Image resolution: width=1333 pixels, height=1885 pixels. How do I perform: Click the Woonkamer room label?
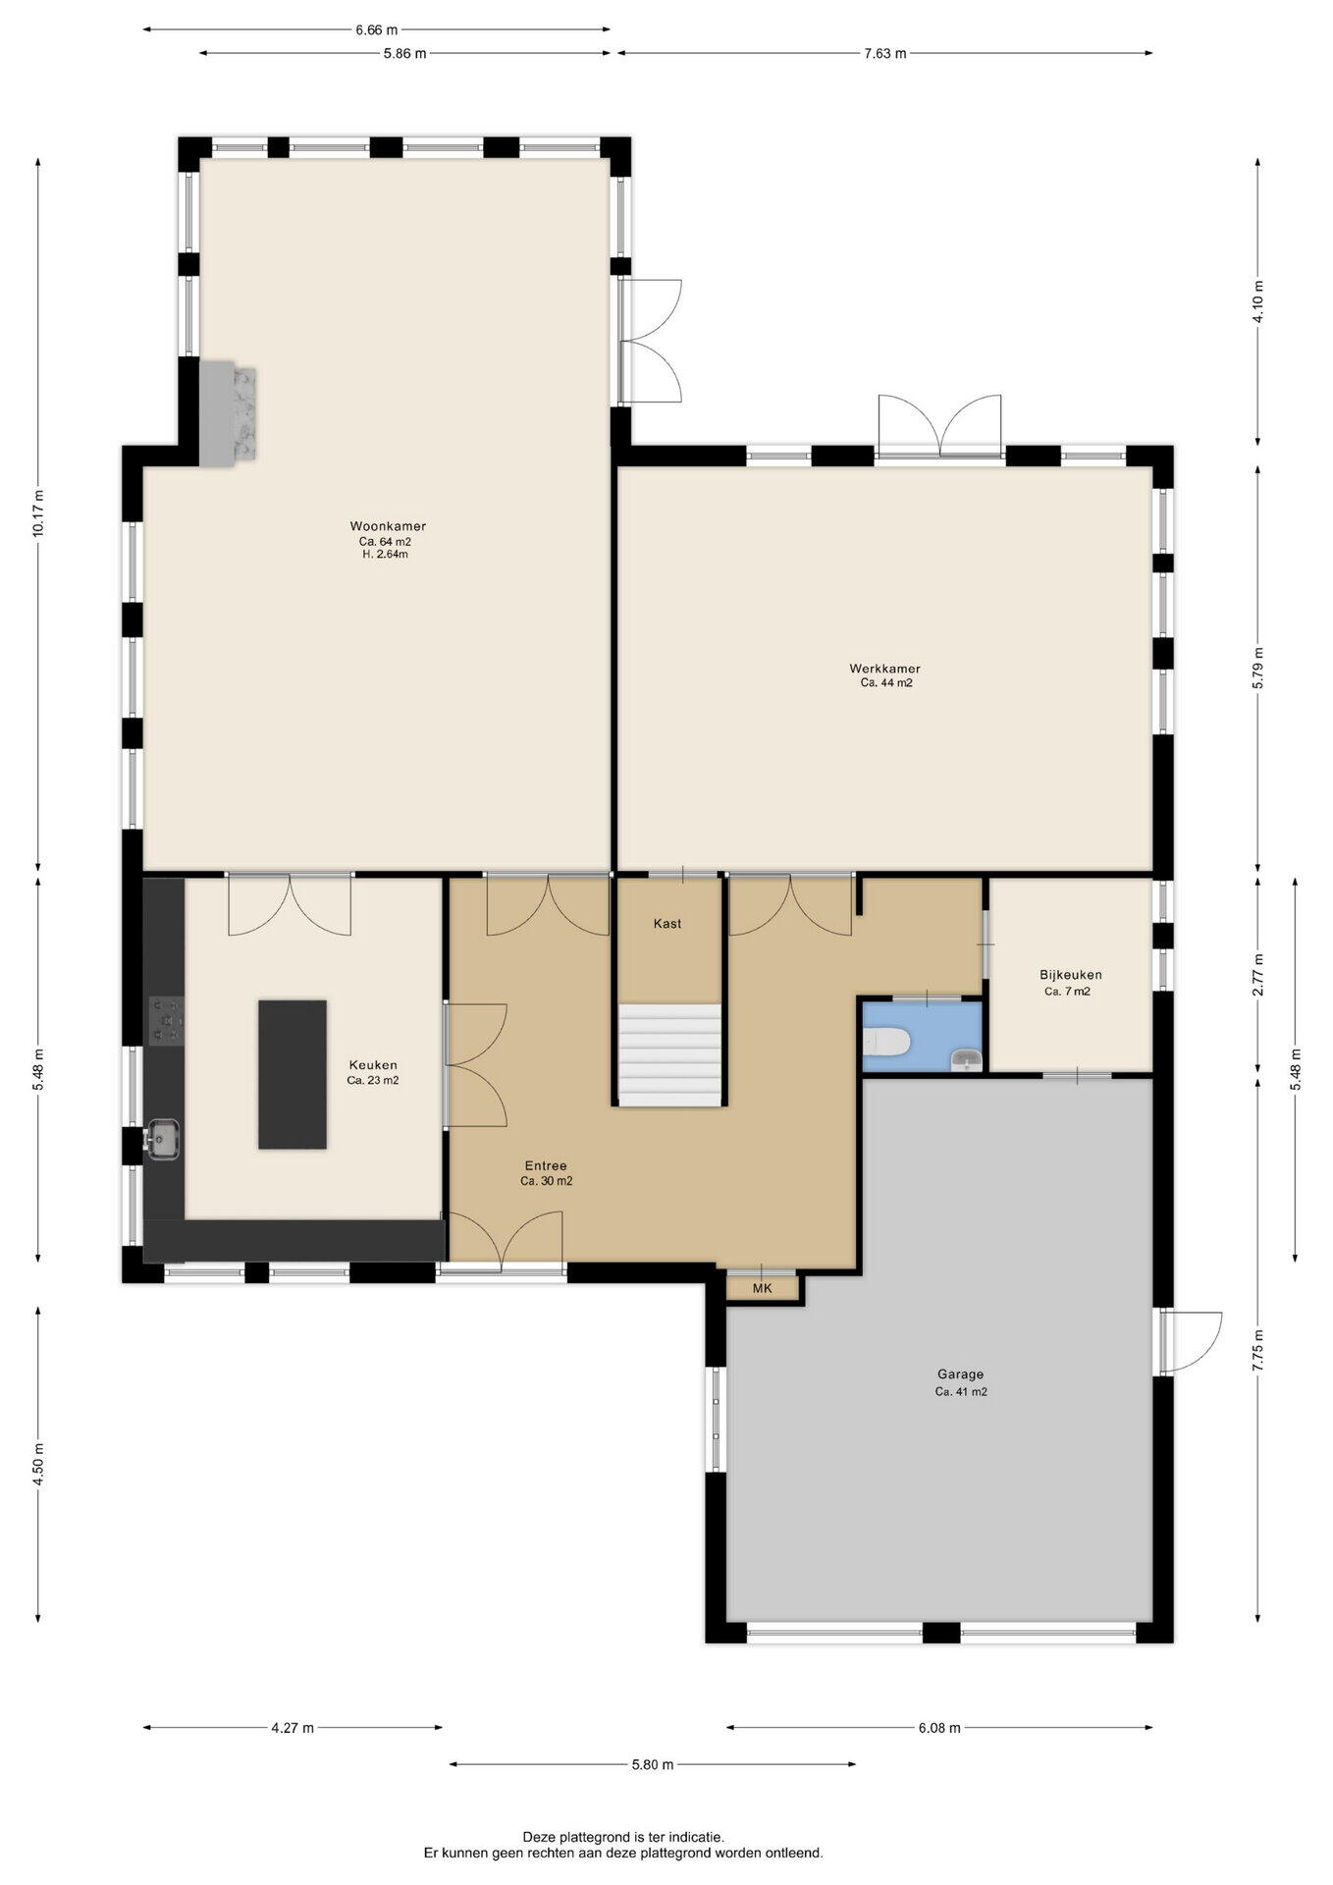(388, 526)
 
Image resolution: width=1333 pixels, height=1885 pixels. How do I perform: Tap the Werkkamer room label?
(885, 669)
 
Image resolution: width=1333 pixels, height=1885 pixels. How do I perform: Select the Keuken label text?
(373, 1065)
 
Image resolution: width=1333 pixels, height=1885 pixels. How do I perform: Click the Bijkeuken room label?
(1071, 975)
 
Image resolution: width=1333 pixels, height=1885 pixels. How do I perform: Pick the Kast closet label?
(667, 924)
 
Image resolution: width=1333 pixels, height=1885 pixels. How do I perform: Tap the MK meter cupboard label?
(763, 1289)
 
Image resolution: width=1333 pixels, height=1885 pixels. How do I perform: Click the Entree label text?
(546, 1166)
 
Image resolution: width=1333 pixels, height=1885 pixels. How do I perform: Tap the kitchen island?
(293, 1074)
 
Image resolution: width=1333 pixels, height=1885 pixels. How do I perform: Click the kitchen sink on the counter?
(161, 1139)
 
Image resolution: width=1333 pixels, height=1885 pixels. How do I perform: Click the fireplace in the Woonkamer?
(228, 412)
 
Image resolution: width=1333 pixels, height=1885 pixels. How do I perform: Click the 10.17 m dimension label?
(38, 512)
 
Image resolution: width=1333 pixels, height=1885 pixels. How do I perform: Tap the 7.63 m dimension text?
(885, 54)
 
